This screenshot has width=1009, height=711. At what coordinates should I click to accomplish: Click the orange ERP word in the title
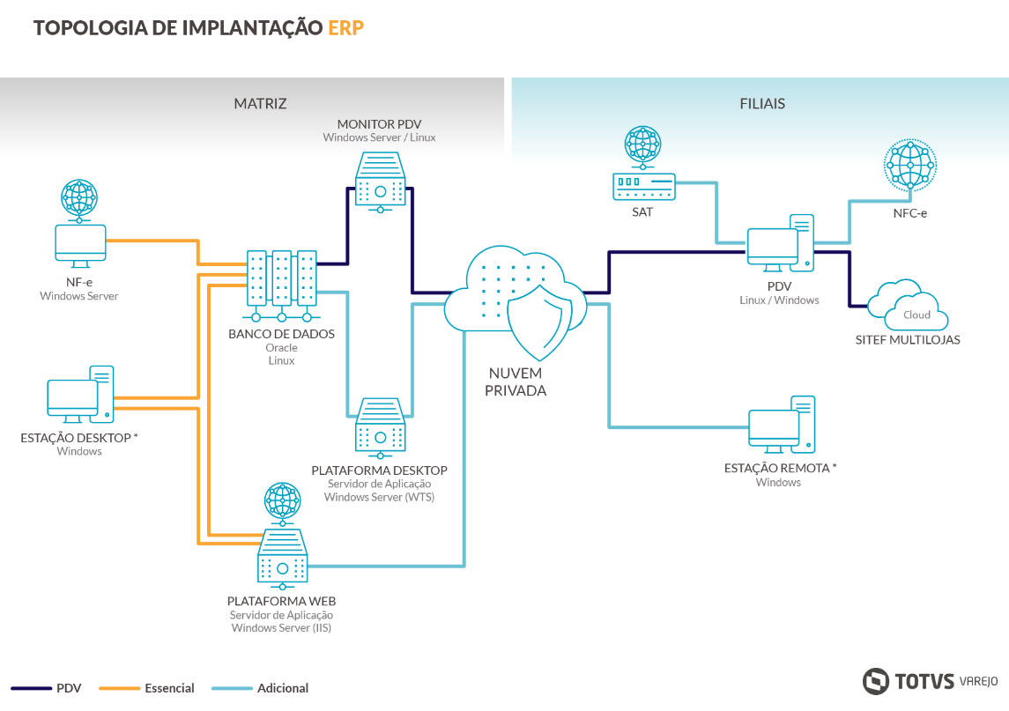pos(345,27)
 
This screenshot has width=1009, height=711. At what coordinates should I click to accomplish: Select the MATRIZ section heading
pos(260,103)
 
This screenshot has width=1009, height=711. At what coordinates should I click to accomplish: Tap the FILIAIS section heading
pos(762,103)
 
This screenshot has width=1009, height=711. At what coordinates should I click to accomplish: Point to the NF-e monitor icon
pos(80,242)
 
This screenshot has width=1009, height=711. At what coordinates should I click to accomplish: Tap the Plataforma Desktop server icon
pos(381,426)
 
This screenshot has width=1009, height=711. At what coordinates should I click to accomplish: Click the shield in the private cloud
pos(540,316)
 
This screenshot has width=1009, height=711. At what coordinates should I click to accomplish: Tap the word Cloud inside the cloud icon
pos(916,315)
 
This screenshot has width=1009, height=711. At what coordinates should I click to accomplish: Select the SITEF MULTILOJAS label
pos(908,340)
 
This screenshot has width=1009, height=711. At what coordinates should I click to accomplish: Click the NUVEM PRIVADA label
pos(516,382)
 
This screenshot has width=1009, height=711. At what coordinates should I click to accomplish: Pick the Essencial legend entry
pos(169,688)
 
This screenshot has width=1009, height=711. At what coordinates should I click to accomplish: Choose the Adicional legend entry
pos(283,688)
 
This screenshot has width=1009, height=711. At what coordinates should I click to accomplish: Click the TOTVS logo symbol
pos(876,681)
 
